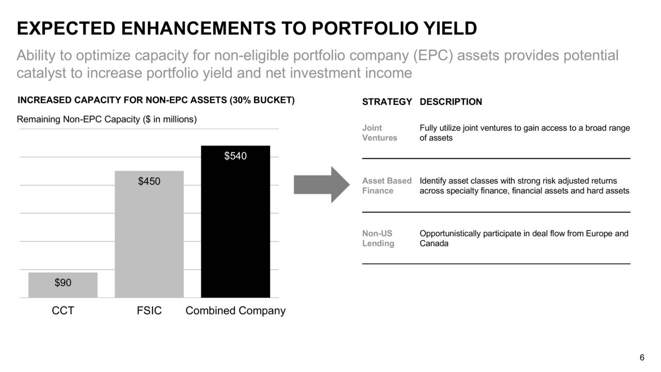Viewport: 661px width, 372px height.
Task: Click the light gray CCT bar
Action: [63, 285]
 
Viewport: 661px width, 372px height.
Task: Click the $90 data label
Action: [63, 283]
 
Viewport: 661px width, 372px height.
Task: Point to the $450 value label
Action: [149, 181]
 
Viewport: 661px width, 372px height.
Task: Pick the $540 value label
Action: [235, 156]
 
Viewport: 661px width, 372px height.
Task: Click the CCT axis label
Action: [63, 311]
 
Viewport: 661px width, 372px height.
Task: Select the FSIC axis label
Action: [149, 311]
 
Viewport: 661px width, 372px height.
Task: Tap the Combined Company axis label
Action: [235, 311]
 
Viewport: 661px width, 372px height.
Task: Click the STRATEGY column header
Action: [387, 102]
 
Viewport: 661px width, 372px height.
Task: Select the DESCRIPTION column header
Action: [451, 102]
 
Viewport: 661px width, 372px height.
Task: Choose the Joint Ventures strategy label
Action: [380, 133]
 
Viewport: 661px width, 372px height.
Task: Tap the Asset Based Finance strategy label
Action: [387, 185]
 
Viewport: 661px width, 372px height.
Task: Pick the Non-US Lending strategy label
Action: [378, 238]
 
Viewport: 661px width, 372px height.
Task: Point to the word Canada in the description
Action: [434, 243]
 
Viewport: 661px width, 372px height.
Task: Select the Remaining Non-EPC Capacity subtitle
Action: [107, 119]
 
